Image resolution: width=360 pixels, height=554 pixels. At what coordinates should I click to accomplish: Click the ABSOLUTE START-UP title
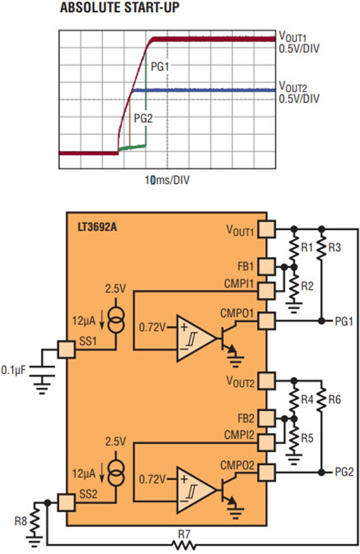119,8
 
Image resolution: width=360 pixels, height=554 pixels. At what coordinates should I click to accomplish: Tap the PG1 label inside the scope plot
160,67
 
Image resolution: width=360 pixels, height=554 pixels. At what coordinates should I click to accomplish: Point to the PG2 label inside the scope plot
143,118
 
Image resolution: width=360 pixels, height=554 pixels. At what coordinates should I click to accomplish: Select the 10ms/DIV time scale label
167,180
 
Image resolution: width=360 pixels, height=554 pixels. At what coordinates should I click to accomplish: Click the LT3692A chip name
97,228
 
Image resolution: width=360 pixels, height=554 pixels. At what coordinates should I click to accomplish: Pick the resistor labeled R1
294,247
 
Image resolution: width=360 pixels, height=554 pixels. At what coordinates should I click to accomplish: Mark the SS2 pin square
66,502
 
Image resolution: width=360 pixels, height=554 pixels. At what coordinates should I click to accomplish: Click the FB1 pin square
266,266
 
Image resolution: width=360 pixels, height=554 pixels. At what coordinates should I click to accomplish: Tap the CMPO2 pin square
266,472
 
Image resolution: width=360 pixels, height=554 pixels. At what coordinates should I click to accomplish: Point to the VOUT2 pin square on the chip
266,381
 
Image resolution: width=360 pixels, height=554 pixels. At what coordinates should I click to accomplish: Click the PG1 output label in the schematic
344,321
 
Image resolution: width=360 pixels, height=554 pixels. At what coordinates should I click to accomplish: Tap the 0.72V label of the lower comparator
152,479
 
